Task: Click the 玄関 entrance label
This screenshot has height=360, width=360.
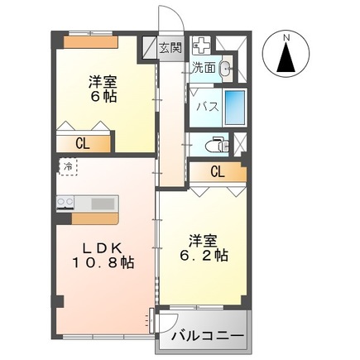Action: click(x=170, y=48)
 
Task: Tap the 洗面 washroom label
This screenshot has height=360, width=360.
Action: click(x=204, y=68)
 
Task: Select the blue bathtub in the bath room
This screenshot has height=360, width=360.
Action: click(x=235, y=107)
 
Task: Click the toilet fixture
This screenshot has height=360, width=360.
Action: click(x=217, y=145)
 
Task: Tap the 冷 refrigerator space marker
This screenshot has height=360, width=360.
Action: click(x=68, y=166)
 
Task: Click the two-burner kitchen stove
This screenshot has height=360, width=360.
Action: click(x=65, y=203)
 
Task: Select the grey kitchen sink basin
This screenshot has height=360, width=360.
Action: click(x=103, y=204)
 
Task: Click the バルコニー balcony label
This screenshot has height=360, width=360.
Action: click(x=208, y=336)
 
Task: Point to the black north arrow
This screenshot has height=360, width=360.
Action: click(x=287, y=58)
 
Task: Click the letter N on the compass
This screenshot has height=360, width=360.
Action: click(x=287, y=37)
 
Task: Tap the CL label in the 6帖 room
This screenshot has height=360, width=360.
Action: click(x=83, y=144)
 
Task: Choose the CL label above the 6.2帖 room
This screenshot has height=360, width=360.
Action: click(x=218, y=172)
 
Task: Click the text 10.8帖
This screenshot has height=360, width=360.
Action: click(x=103, y=262)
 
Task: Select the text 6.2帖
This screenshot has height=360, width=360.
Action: click(x=204, y=255)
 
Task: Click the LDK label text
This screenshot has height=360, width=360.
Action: click(x=103, y=248)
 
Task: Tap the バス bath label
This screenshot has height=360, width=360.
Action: click(x=208, y=107)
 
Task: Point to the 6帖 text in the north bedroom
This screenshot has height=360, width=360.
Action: click(x=103, y=96)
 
